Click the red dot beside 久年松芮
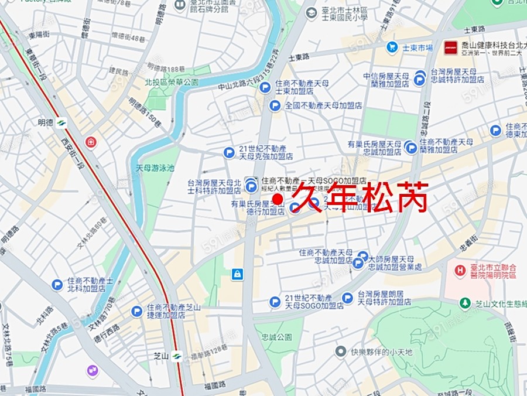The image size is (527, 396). point(279,200)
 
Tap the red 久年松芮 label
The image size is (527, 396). point(360,197)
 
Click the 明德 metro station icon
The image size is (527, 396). point(61,123)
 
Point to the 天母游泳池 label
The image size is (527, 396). point(155,168)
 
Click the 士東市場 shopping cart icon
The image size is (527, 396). point(392,47)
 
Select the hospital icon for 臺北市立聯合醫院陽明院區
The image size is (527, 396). point(461,270)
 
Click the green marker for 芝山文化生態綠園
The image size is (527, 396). point(465,303)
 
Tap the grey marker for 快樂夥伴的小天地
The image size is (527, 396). point(341,351)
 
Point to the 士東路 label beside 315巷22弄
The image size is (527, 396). point(298,57)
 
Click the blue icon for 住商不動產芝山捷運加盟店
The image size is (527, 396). point(136,311)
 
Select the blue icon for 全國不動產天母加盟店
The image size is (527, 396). point(275,105)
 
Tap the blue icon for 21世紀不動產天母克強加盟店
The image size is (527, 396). point(229,153)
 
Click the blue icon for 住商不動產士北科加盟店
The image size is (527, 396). point(57,285)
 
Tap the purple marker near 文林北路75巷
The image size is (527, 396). point(93,370)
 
